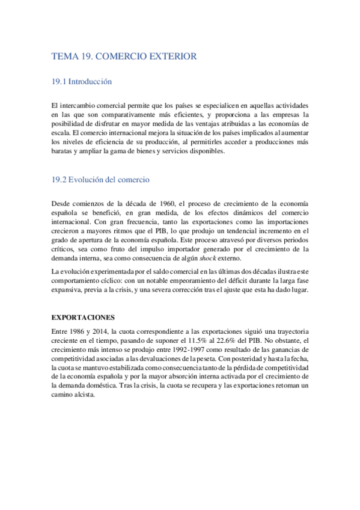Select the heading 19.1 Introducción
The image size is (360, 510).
tap(82, 81)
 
